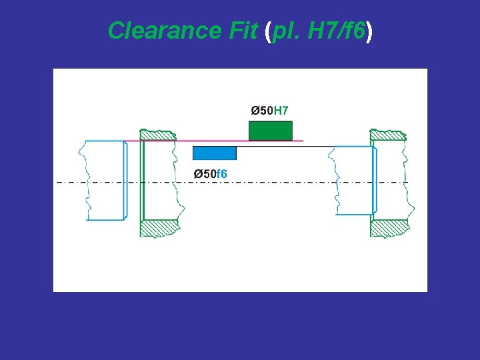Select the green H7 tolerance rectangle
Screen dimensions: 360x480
coord(271,131)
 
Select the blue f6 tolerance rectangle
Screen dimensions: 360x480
coord(214,153)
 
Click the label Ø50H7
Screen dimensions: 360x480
coord(269,110)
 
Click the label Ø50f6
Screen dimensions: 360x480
coord(210,174)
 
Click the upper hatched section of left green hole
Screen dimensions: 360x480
coord(159,135)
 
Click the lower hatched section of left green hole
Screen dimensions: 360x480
coord(159,227)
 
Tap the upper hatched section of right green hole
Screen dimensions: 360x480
coord(388,135)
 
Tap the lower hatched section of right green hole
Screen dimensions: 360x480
coord(388,227)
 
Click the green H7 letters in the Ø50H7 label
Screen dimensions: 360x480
coord(281,110)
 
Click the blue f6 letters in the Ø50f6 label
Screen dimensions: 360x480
coord(222,174)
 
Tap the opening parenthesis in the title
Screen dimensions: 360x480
coord(268,30)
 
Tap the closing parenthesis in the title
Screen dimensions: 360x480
coord(369,30)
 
